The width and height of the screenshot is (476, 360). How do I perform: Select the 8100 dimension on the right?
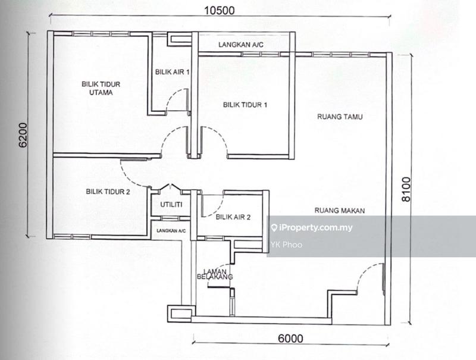[x=406, y=189]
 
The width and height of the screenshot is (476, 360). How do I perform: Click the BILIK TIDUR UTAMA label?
[x=97, y=88]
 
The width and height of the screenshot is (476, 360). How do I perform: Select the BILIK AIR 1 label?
[x=172, y=71]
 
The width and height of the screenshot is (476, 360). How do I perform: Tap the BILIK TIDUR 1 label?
[x=245, y=105]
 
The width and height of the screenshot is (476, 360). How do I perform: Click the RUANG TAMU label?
[x=340, y=117]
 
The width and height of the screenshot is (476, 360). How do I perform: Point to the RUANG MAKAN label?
[x=340, y=210]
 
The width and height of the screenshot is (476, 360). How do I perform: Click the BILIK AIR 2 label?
[x=233, y=217]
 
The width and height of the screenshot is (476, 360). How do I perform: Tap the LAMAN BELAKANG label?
[x=214, y=273]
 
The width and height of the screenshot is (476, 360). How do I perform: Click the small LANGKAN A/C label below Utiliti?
[x=171, y=230]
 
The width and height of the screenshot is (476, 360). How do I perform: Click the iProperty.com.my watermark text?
[x=316, y=227]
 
